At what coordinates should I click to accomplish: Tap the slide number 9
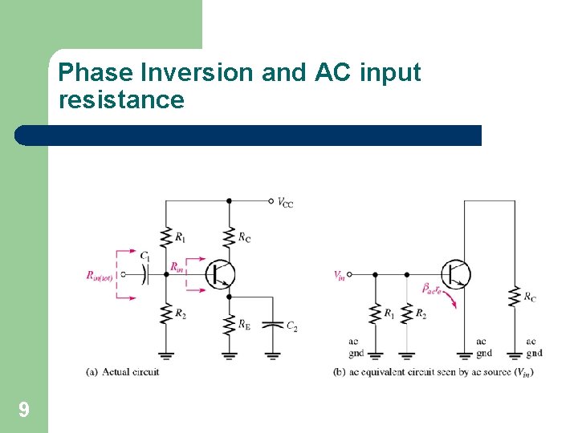point(24,411)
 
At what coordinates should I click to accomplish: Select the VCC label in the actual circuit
point(285,203)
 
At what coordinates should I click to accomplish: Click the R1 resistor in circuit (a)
point(166,236)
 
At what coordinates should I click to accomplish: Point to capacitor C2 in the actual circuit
point(273,324)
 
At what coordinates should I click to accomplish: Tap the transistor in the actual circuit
point(218,273)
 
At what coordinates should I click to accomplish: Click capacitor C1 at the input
point(144,273)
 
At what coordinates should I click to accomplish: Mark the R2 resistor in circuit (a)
point(166,313)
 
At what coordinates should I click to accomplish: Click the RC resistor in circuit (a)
point(229,236)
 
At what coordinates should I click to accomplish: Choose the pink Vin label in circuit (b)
point(340,275)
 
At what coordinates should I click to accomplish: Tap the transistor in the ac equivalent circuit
point(455,273)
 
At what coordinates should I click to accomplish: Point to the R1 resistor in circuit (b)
point(375,313)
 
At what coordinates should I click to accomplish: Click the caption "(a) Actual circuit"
point(123,371)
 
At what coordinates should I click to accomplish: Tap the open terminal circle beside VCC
point(271,200)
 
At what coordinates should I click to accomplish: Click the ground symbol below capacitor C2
point(273,353)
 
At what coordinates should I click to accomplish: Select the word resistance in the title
point(121,100)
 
